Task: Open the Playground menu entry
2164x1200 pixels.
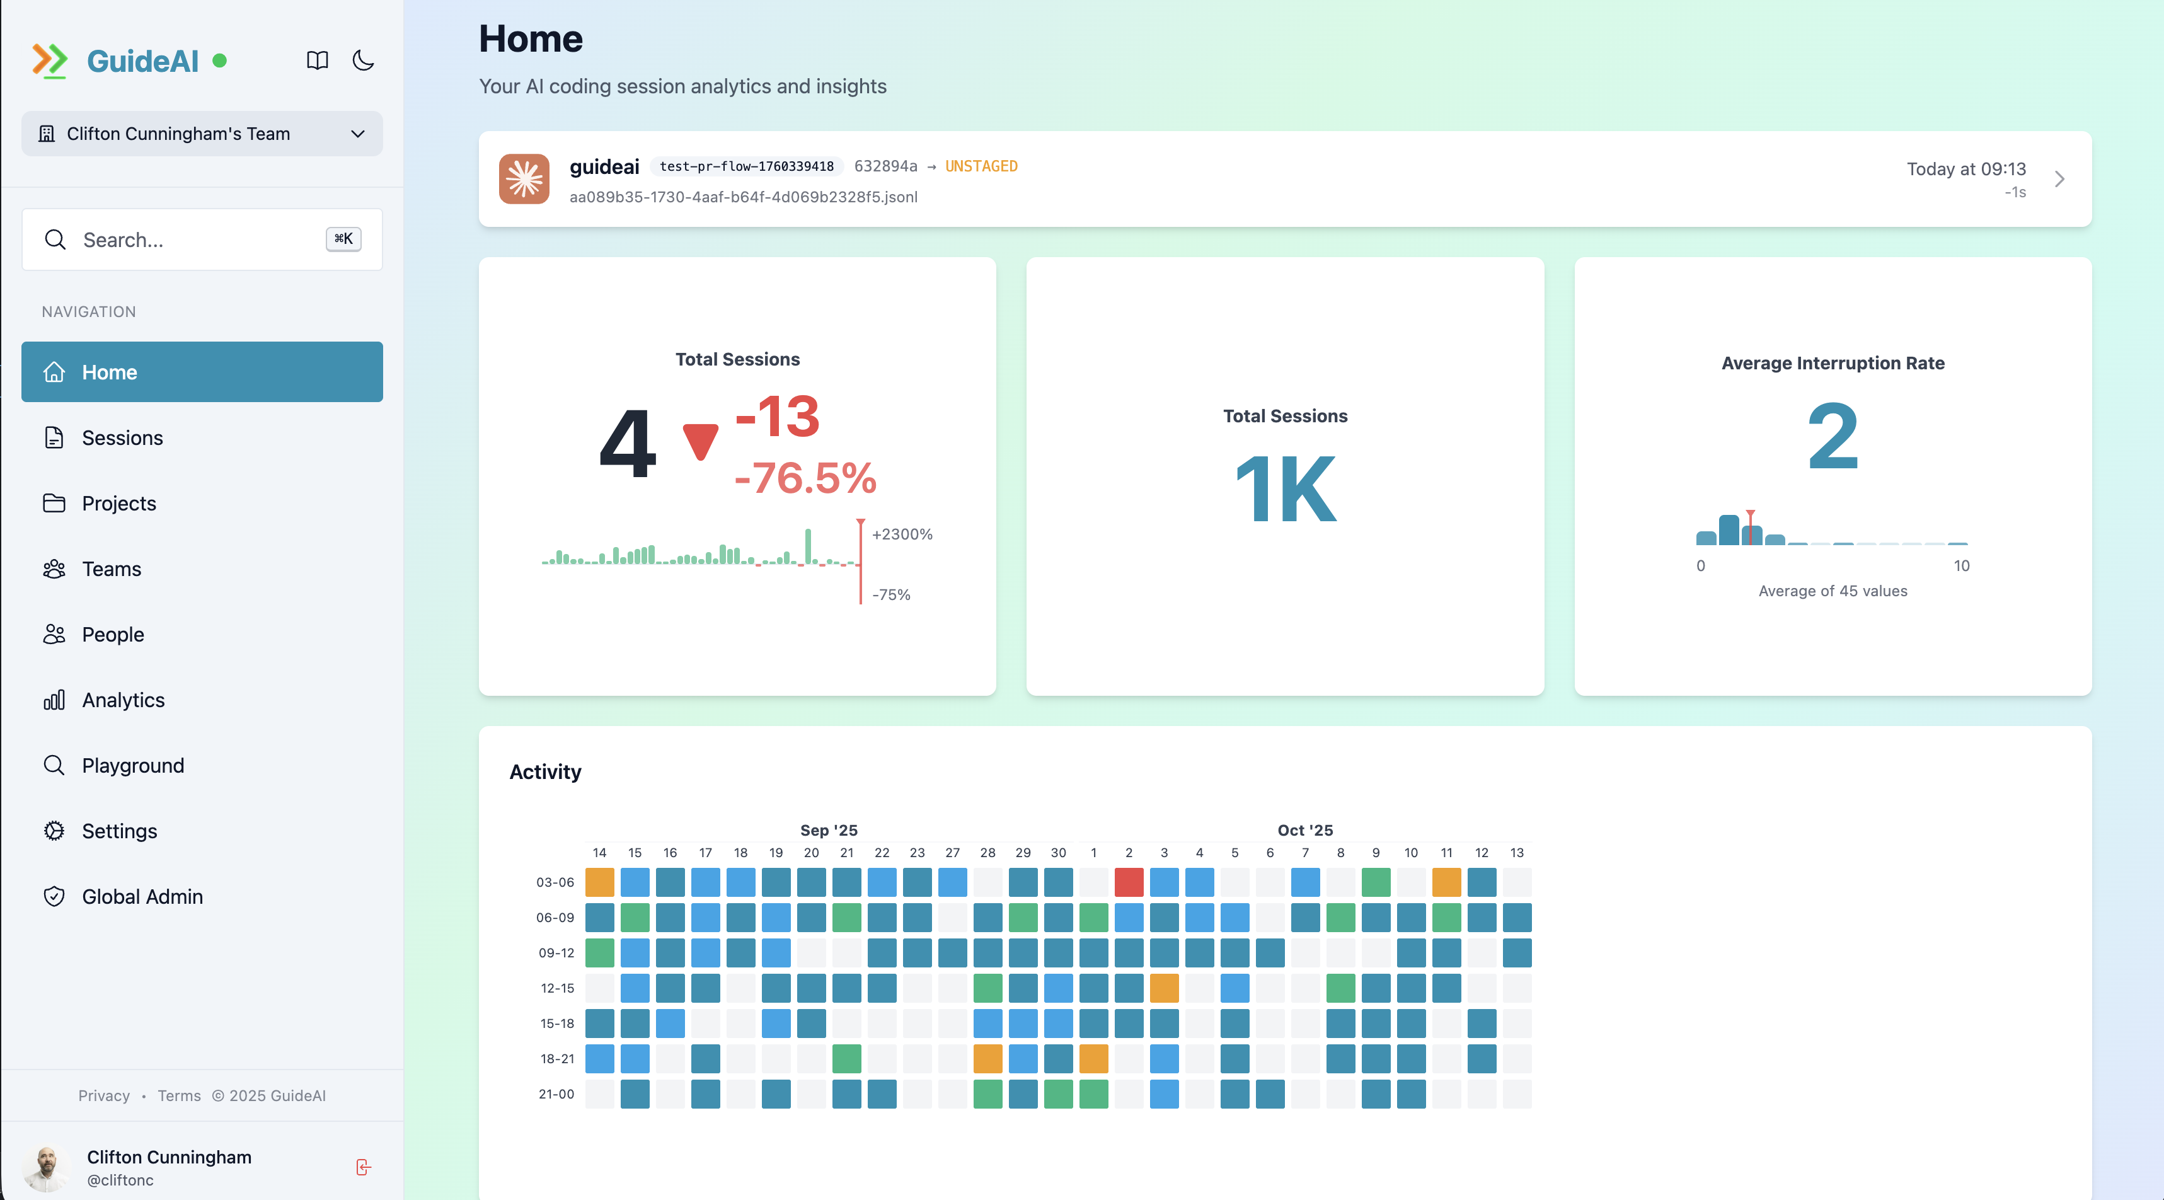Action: pos(133,766)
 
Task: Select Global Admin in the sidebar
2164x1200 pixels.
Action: pos(142,897)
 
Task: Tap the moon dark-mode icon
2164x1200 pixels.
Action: pos(363,61)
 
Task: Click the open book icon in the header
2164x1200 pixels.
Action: pos(317,61)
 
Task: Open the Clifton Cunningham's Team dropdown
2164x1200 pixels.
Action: pos(202,134)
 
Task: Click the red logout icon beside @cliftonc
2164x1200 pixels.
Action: pos(363,1167)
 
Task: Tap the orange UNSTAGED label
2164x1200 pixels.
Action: pos(981,166)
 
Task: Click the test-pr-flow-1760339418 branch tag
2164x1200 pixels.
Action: pos(746,166)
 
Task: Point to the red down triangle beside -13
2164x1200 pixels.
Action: pos(699,441)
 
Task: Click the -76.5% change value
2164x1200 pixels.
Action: pos(805,478)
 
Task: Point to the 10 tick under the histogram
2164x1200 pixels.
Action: pos(1960,565)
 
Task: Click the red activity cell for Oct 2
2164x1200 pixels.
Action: pos(1128,882)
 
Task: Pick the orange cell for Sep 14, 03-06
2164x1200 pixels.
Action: pos(599,882)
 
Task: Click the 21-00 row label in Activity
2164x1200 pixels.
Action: pos(556,1094)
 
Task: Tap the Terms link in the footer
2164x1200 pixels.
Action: pos(179,1096)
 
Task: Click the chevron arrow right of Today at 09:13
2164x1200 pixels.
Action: pos(2059,179)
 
